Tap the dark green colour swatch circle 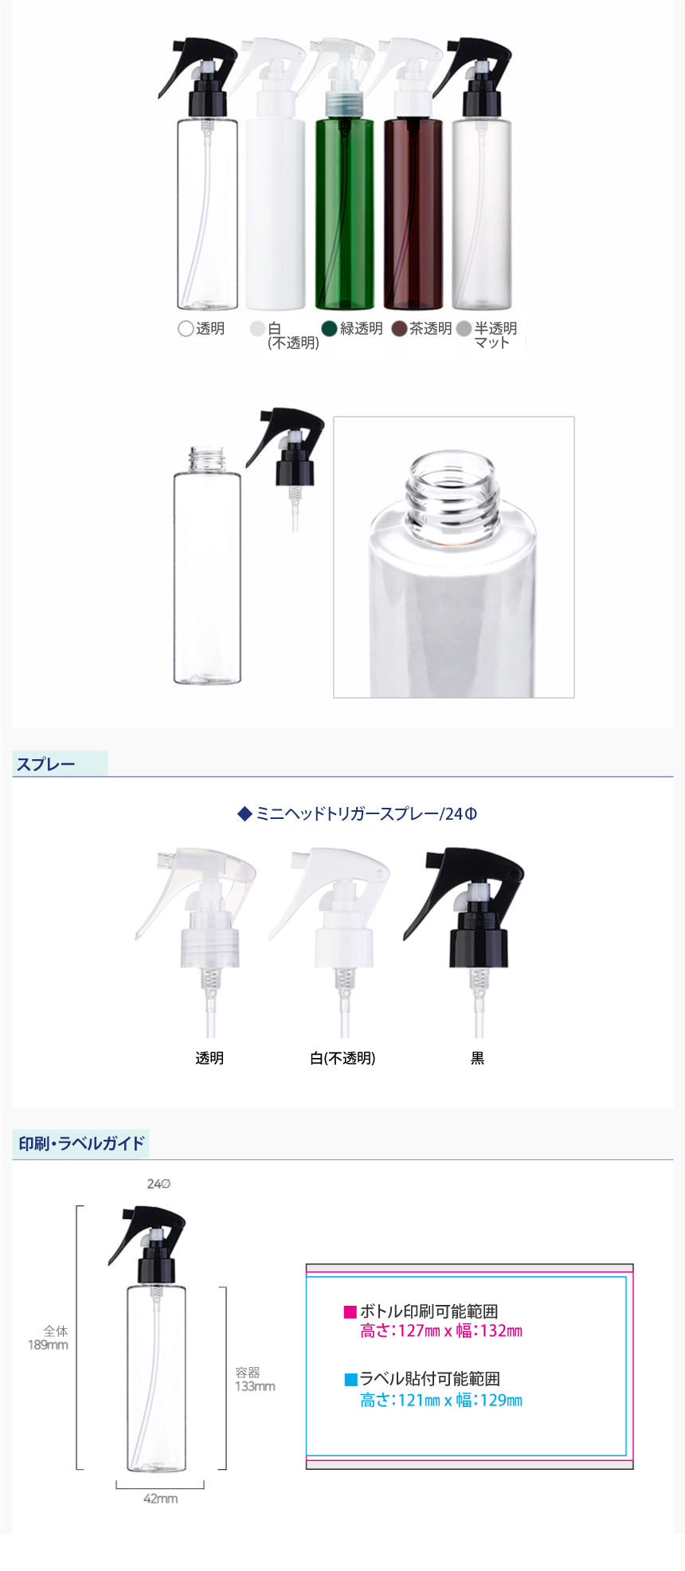(329, 328)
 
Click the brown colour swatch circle (399, 328)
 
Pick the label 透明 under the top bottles (210, 328)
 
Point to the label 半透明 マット (495, 335)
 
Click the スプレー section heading (46, 764)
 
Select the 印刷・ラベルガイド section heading (81, 1143)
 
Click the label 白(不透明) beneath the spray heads (342, 1058)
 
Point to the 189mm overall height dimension (48, 1345)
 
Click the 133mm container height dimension (255, 1386)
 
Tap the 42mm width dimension (160, 1499)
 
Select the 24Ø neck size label (159, 1184)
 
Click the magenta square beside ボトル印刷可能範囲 (350, 1311)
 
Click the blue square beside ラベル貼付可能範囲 (350, 1379)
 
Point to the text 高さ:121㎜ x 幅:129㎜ (441, 1400)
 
